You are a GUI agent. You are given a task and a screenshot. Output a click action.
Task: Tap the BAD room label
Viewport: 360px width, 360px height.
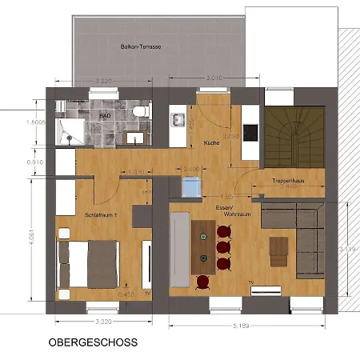(x=104, y=115)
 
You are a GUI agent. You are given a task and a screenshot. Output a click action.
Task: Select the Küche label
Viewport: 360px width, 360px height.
(x=212, y=142)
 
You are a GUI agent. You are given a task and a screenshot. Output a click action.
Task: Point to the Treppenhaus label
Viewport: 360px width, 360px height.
(x=286, y=181)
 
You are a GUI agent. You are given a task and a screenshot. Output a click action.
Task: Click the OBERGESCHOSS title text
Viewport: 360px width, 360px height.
(x=93, y=342)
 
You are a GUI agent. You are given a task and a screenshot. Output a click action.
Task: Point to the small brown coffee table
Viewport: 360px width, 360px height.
(x=278, y=250)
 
